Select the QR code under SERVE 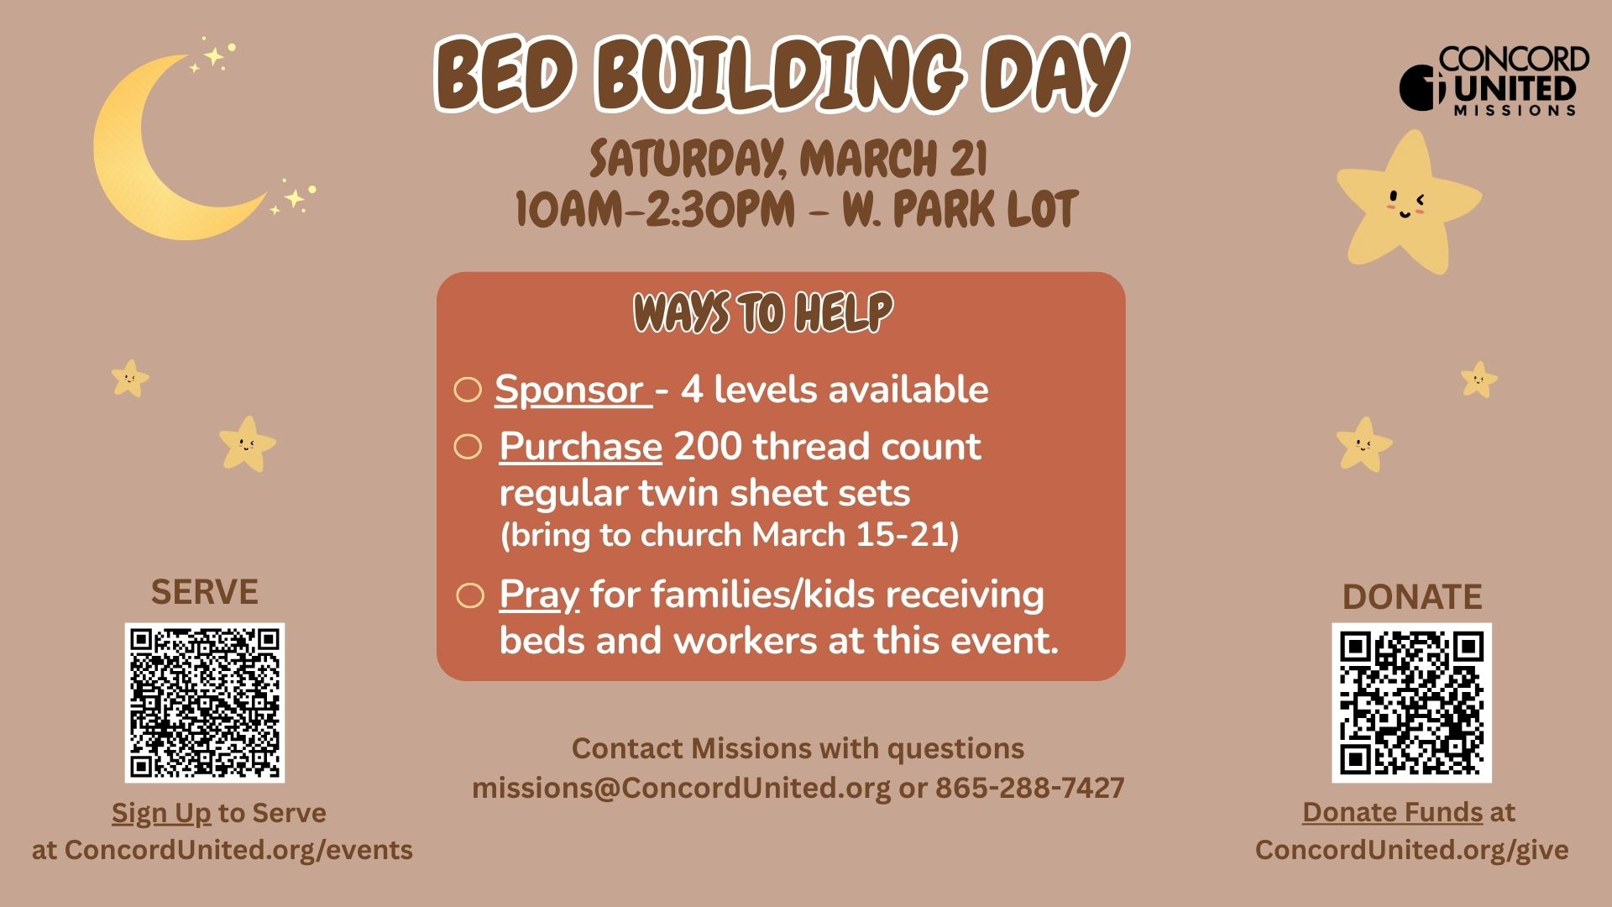click(205, 703)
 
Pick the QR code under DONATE click(1411, 703)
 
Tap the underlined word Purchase click(580, 446)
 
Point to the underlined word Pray click(539, 595)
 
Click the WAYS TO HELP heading click(763, 312)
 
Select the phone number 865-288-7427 click(1030, 788)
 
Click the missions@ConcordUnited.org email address click(681, 789)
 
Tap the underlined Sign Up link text click(161, 813)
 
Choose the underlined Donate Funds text click(1392, 812)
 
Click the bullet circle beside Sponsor click(468, 390)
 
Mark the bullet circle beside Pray click(470, 595)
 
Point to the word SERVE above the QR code click(205, 592)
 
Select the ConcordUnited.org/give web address click(1411, 850)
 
